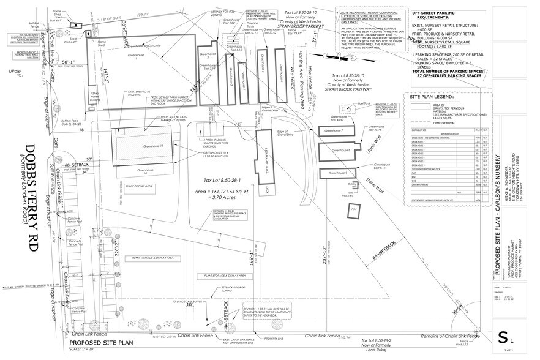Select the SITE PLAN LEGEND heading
[x=432, y=97]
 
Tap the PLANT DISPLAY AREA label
[x=138, y=185]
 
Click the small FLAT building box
[x=353, y=209]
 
